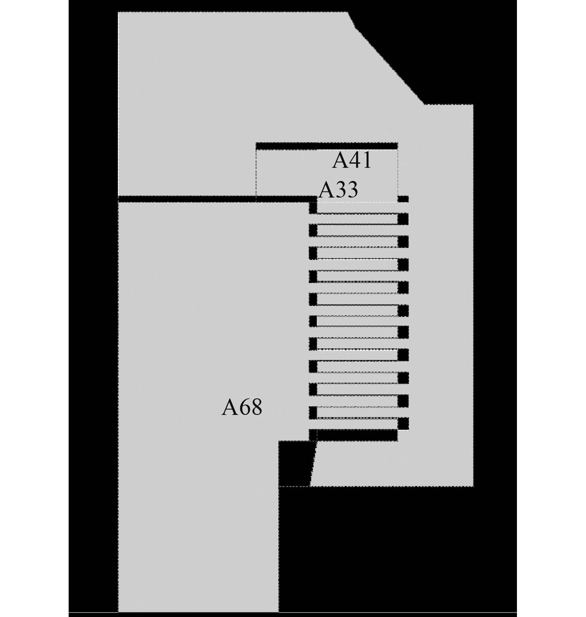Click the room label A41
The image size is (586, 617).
[352, 160]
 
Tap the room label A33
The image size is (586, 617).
[338, 190]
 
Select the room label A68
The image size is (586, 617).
[242, 407]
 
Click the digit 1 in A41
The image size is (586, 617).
[366, 160]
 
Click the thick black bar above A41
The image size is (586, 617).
[327, 146]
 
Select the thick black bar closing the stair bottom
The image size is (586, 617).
[357, 435]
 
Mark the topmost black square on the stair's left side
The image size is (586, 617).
[313, 208]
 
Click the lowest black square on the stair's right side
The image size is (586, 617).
[403, 424]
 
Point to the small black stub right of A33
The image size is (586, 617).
[403, 199]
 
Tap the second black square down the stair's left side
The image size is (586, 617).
[313, 230]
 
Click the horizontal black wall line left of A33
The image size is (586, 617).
[186, 199]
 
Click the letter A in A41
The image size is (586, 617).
[339, 161]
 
